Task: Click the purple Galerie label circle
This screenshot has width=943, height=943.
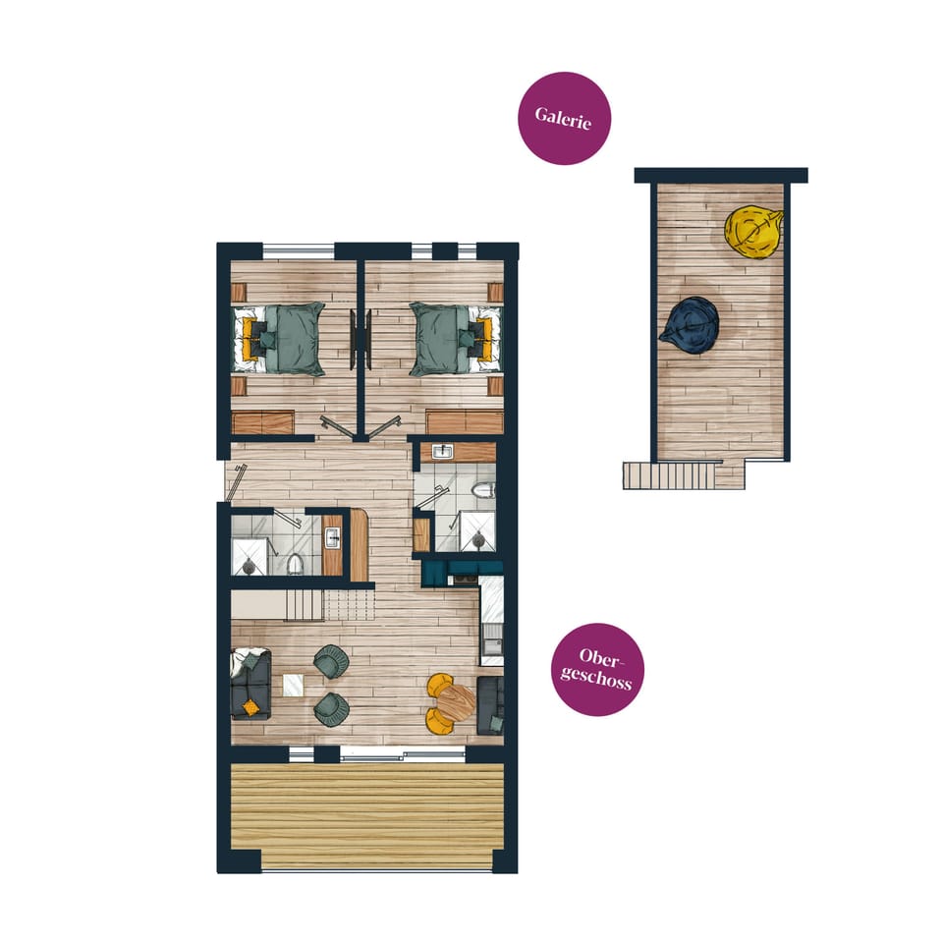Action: [564, 118]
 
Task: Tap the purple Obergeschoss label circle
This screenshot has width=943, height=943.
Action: [597, 670]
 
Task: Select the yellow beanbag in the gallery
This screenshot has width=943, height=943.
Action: [752, 231]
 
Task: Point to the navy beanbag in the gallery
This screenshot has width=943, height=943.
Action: [691, 321]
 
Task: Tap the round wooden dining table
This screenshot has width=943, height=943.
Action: [455, 700]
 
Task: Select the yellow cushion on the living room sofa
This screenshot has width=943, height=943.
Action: [251, 706]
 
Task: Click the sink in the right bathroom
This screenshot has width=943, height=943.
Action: [443, 452]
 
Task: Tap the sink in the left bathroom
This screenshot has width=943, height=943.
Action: [332, 537]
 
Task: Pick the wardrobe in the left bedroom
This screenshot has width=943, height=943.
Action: [263, 423]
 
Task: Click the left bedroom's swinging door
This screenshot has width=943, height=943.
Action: [336, 427]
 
